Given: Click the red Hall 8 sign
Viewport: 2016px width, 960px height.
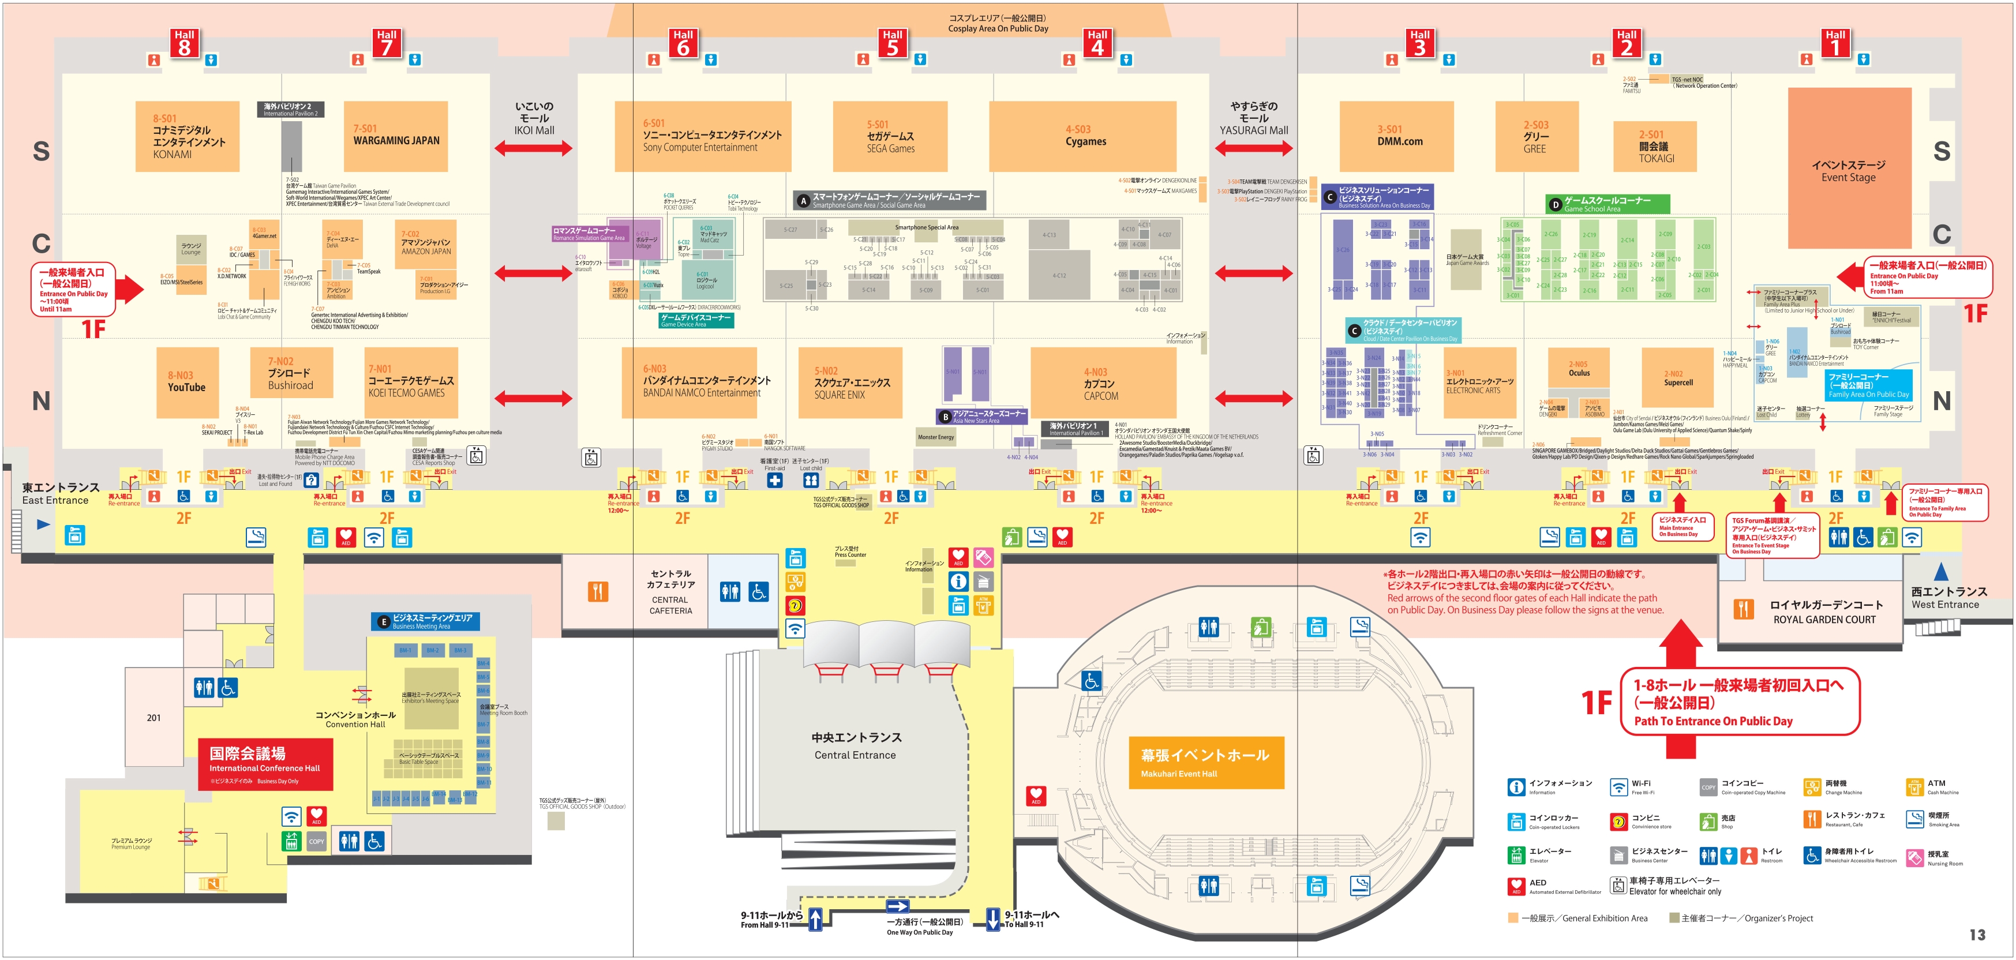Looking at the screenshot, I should [184, 43].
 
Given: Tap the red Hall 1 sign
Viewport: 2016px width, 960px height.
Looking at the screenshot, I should [1835, 43].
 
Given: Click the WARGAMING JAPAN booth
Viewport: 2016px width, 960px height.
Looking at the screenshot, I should [396, 136].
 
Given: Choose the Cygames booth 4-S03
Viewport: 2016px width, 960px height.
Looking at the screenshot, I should [1085, 136].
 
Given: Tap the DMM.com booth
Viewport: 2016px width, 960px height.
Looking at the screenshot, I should [1399, 136].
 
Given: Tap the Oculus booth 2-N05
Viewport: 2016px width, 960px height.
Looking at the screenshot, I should [1579, 370].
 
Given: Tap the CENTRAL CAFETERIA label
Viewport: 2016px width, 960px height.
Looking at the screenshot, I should [670, 592].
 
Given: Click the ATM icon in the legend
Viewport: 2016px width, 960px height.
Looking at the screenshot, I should [1914, 787].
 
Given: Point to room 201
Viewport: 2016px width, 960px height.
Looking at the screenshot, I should [153, 718].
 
